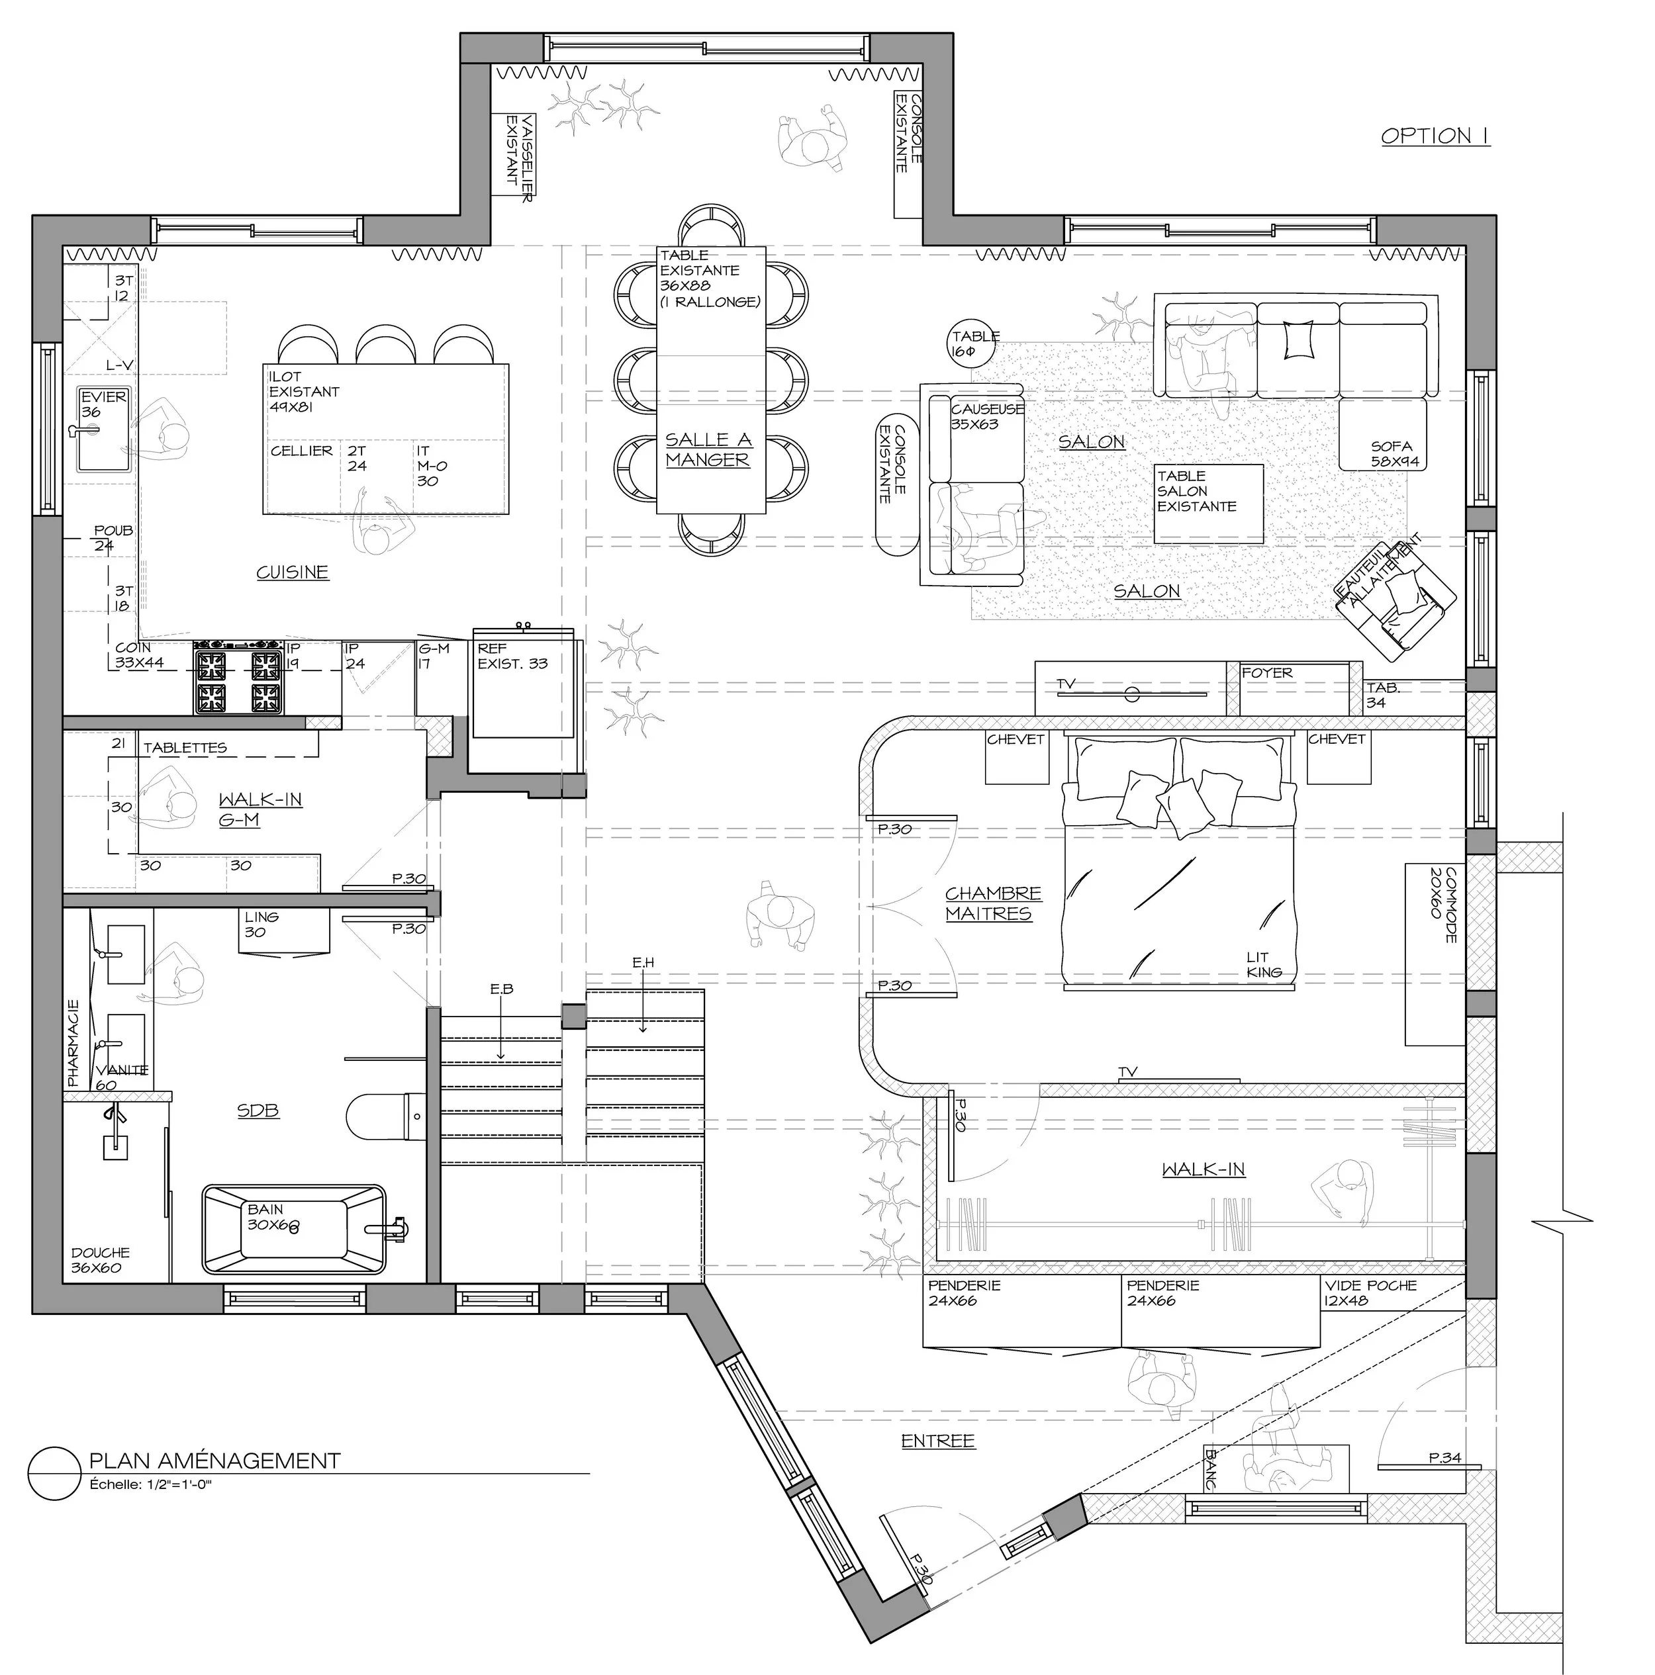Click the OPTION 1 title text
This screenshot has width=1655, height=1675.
[1435, 136]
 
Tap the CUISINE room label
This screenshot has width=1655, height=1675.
[293, 572]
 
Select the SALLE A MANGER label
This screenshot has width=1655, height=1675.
[708, 450]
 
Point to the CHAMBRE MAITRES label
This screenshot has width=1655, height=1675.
[992, 903]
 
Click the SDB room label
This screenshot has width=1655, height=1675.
[258, 1110]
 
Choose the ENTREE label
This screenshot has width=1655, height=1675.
[937, 1441]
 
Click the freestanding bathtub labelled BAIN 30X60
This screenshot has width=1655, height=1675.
[294, 1230]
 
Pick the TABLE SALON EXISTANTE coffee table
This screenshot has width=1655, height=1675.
[1208, 504]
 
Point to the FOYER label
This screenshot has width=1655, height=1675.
[1266, 673]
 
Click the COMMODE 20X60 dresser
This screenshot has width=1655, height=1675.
[1435, 954]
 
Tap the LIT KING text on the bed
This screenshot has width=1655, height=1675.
[1264, 964]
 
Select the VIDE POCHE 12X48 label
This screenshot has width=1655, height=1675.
[1370, 1292]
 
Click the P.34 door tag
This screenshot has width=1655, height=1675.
[1445, 1458]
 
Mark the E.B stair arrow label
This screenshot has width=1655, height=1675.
[501, 989]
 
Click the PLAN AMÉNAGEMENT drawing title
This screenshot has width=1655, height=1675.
[215, 1461]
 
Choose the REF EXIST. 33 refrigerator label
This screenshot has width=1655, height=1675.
[512, 656]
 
